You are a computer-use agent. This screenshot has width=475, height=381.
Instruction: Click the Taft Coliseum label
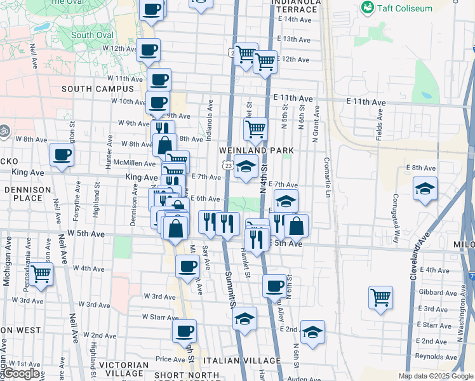pos(405,8)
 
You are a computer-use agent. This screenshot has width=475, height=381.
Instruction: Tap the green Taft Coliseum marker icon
pos(367,8)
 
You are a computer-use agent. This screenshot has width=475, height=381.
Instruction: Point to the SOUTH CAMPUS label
pos(89,89)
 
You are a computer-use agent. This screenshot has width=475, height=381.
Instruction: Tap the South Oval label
pos(91,35)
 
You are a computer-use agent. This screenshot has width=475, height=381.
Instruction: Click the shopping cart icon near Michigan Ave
pos(41,275)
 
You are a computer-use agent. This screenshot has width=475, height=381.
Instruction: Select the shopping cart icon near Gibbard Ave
pos(380,297)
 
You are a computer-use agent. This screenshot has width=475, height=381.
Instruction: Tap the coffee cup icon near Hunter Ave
pos(62,156)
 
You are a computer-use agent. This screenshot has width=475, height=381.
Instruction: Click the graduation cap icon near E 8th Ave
pos(425,188)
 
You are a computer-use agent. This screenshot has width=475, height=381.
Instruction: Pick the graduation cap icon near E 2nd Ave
pos(312,332)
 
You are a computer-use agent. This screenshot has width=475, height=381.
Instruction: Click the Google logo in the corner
pos(21,373)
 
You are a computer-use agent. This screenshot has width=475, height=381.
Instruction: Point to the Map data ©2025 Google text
pos(436,376)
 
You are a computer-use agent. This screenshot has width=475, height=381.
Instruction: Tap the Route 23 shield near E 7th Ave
pos(227,165)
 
